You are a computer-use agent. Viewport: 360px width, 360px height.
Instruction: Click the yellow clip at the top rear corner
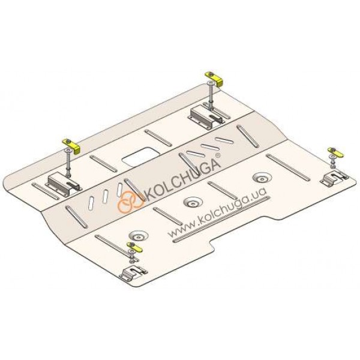pyautogui.click(x=215, y=79)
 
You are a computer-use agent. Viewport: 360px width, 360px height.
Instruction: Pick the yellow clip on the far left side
pyautogui.click(x=71, y=146)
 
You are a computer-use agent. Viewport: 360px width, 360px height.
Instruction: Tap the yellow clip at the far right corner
pyautogui.click(x=335, y=152)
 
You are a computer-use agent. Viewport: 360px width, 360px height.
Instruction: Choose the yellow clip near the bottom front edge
pyautogui.click(x=134, y=247)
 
